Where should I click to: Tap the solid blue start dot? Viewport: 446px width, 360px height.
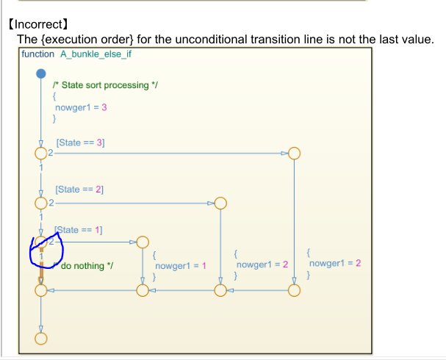pos(41,73)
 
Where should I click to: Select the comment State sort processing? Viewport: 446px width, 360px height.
pos(106,85)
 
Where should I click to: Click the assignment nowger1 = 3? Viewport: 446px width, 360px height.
pos(87,107)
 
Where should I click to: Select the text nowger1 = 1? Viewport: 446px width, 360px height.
pos(181,265)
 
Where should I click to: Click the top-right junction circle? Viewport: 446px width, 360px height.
pos(294,154)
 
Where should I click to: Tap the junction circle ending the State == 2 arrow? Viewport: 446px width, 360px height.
pos(220,203)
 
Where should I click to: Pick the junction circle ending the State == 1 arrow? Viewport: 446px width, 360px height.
pos(143,242)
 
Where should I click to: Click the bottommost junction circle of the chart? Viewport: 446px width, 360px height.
pos(41,339)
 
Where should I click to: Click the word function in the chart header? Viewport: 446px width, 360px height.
pos(38,54)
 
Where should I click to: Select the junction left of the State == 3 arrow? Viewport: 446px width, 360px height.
pos(41,154)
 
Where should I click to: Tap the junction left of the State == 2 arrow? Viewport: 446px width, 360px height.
pos(41,203)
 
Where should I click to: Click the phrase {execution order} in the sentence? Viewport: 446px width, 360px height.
pos(84,39)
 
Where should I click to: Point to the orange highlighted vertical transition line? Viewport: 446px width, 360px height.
pos(41,266)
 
